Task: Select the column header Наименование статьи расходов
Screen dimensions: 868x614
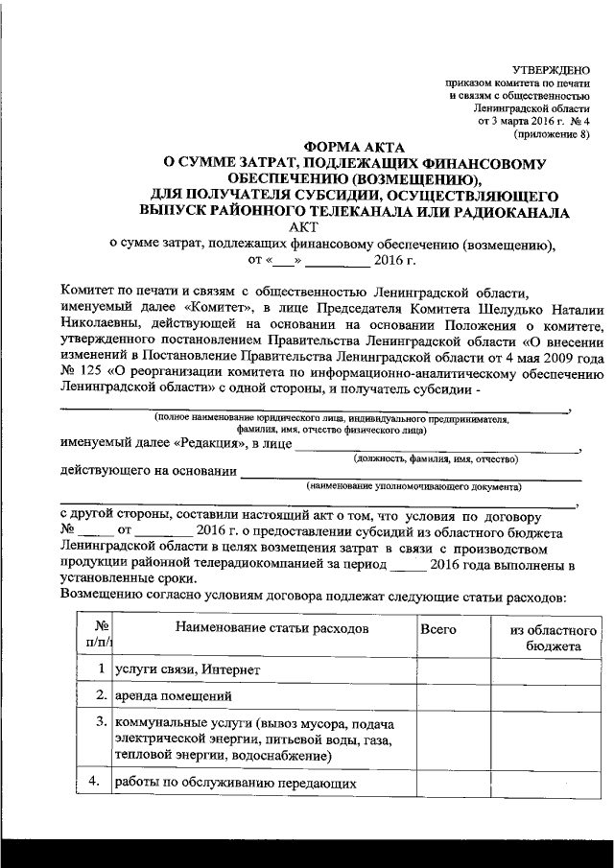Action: click(x=258, y=629)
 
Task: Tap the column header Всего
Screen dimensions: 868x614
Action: click(x=439, y=629)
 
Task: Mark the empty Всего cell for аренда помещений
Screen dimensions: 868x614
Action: click(x=453, y=695)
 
